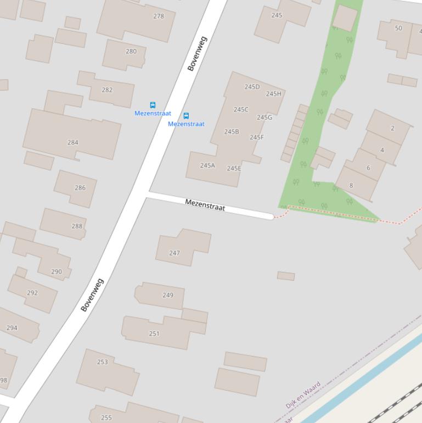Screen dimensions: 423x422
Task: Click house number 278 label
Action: coord(159,16)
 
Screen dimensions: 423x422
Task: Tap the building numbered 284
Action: coord(73,142)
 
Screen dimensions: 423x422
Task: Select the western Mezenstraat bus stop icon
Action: coord(153,105)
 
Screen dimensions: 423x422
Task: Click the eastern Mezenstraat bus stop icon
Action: coord(186,115)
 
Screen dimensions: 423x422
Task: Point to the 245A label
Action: coord(207,165)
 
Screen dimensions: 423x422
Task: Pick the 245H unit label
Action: coord(273,94)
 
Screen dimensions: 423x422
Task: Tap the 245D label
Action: coord(252,87)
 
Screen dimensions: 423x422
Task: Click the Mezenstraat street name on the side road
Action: coord(205,205)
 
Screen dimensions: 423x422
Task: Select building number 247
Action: coord(175,253)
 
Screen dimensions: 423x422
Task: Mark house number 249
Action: coord(168,295)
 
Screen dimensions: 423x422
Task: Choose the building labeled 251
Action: coord(154,333)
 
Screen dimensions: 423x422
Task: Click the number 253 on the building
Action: coord(103,362)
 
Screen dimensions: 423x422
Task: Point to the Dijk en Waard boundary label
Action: coord(303,395)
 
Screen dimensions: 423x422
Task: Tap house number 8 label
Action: coord(351,185)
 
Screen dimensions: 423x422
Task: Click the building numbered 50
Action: coord(398,28)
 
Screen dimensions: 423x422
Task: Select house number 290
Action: coord(57,271)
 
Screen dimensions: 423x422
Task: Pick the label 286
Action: coord(80,187)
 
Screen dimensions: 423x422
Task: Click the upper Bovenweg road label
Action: coord(197,54)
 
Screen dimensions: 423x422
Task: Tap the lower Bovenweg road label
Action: coord(92,295)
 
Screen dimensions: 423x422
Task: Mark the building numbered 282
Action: coord(107,90)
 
